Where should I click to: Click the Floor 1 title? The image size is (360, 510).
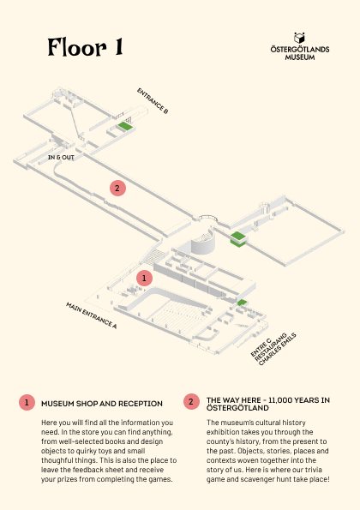pos(85,47)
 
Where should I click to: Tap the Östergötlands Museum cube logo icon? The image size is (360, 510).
pos(299,38)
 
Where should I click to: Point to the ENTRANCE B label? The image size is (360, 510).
pos(153,101)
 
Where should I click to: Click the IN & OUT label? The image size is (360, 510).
pos(61,158)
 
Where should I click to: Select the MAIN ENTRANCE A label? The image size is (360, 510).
pos(92,315)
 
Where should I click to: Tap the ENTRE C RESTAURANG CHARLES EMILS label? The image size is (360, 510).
pos(273,349)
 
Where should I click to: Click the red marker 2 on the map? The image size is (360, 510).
pos(117,188)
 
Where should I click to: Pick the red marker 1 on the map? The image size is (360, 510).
pos(144,278)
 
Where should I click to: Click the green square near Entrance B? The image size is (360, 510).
pos(126,126)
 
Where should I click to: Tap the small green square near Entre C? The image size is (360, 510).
pos(242,303)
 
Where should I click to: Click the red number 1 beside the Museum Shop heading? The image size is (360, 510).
pos(27,403)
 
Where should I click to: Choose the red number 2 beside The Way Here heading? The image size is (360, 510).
pos(191,401)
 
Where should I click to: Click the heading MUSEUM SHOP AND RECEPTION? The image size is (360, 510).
pos(102,404)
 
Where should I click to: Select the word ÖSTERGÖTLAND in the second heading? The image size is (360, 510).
pos(237,408)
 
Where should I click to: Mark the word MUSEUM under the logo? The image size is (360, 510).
pos(300,57)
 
